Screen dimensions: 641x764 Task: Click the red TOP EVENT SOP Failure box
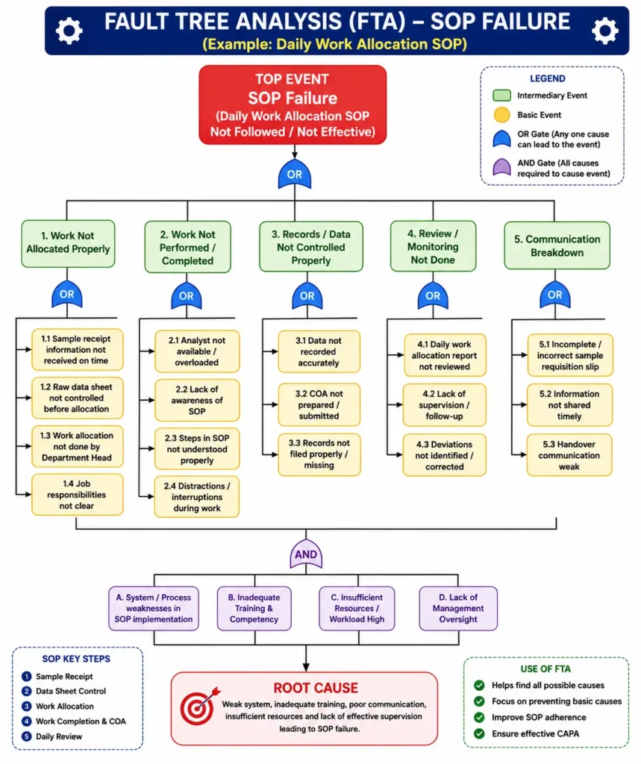coord(293,104)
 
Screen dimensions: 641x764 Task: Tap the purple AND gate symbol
coord(306,554)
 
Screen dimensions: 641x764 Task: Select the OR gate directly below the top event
coord(295,174)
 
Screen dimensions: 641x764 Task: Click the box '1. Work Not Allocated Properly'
coord(68,243)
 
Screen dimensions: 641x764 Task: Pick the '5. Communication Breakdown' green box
coord(557,245)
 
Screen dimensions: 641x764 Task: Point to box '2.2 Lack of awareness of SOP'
coord(197,400)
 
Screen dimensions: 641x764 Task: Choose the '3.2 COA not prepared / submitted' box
coord(319,404)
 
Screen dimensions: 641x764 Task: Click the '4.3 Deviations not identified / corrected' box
coord(444,455)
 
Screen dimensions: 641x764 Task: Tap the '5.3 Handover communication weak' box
coord(569,455)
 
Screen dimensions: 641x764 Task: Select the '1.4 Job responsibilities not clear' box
coord(77,495)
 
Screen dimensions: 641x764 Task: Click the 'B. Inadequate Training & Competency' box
coord(254,608)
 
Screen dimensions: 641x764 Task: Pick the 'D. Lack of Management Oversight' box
coord(458,608)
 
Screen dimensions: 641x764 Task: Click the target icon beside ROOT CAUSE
coord(199,706)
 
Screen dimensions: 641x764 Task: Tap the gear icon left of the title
coord(69,31)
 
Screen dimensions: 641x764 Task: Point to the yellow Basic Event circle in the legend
coord(501,115)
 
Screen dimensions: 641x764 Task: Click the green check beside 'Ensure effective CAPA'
coord(480,733)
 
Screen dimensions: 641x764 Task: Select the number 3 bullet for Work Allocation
coord(27,706)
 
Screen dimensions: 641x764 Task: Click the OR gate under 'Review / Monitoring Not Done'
coord(433,295)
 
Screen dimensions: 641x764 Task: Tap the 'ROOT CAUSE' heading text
coord(316,688)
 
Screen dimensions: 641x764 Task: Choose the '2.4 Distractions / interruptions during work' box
coord(197,497)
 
